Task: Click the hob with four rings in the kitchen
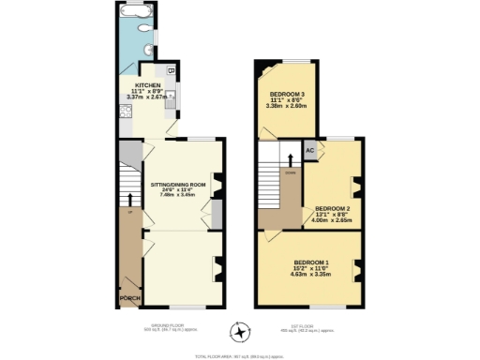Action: coord(125,114)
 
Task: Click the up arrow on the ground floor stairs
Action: coord(129,201)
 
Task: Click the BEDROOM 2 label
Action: coord(333,208)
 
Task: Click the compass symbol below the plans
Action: coord(241,332)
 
